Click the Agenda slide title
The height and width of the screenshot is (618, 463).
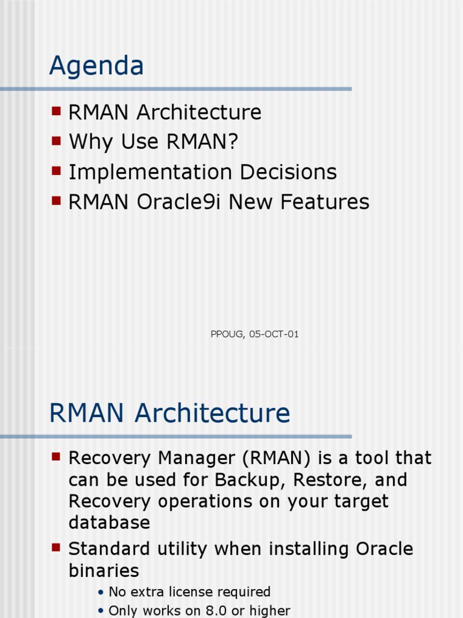(96, 66)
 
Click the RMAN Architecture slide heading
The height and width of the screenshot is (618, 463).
(169, 413)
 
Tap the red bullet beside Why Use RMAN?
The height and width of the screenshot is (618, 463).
(57, 141)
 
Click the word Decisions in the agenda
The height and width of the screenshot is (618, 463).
(288, 172)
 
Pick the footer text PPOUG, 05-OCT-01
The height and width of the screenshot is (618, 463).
(254, 334)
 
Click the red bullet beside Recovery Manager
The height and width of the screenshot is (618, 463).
(57, 457)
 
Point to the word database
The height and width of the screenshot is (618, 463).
(109, 523)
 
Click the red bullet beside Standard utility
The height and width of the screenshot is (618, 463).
(57, 548)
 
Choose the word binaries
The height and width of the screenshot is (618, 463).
(104, 570)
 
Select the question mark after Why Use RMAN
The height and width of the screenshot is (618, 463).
(233, 142)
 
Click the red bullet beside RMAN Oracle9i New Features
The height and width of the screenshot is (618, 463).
(57, 200)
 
